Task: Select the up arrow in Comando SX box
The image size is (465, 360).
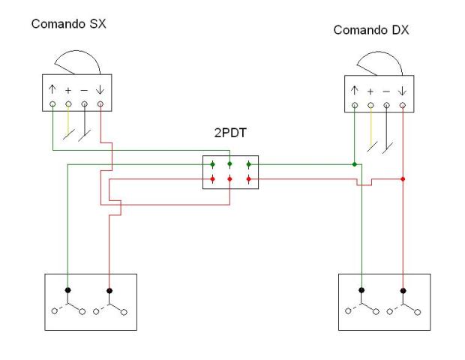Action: tap(52, 90)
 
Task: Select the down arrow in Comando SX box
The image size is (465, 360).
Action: tap(100, 90)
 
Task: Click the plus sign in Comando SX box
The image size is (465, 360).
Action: tap(68, 91)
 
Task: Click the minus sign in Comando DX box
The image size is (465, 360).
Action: tap(386, 91)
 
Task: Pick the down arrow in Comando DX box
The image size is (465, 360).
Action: tap(403, 91)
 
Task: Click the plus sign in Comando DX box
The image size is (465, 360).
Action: tap(371, 91)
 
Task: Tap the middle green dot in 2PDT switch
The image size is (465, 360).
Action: tap(230, 164)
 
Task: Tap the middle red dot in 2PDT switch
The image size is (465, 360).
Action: tap(230, 179)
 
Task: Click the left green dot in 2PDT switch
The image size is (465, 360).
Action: tap(213, 164)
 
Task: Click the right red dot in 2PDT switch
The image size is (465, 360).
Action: tap(247, 179)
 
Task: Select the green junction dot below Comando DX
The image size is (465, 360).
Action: tap(355, 163)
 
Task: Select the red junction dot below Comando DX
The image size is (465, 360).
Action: tap(403, 179)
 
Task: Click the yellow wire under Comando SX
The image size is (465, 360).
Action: tap(68, 124)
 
